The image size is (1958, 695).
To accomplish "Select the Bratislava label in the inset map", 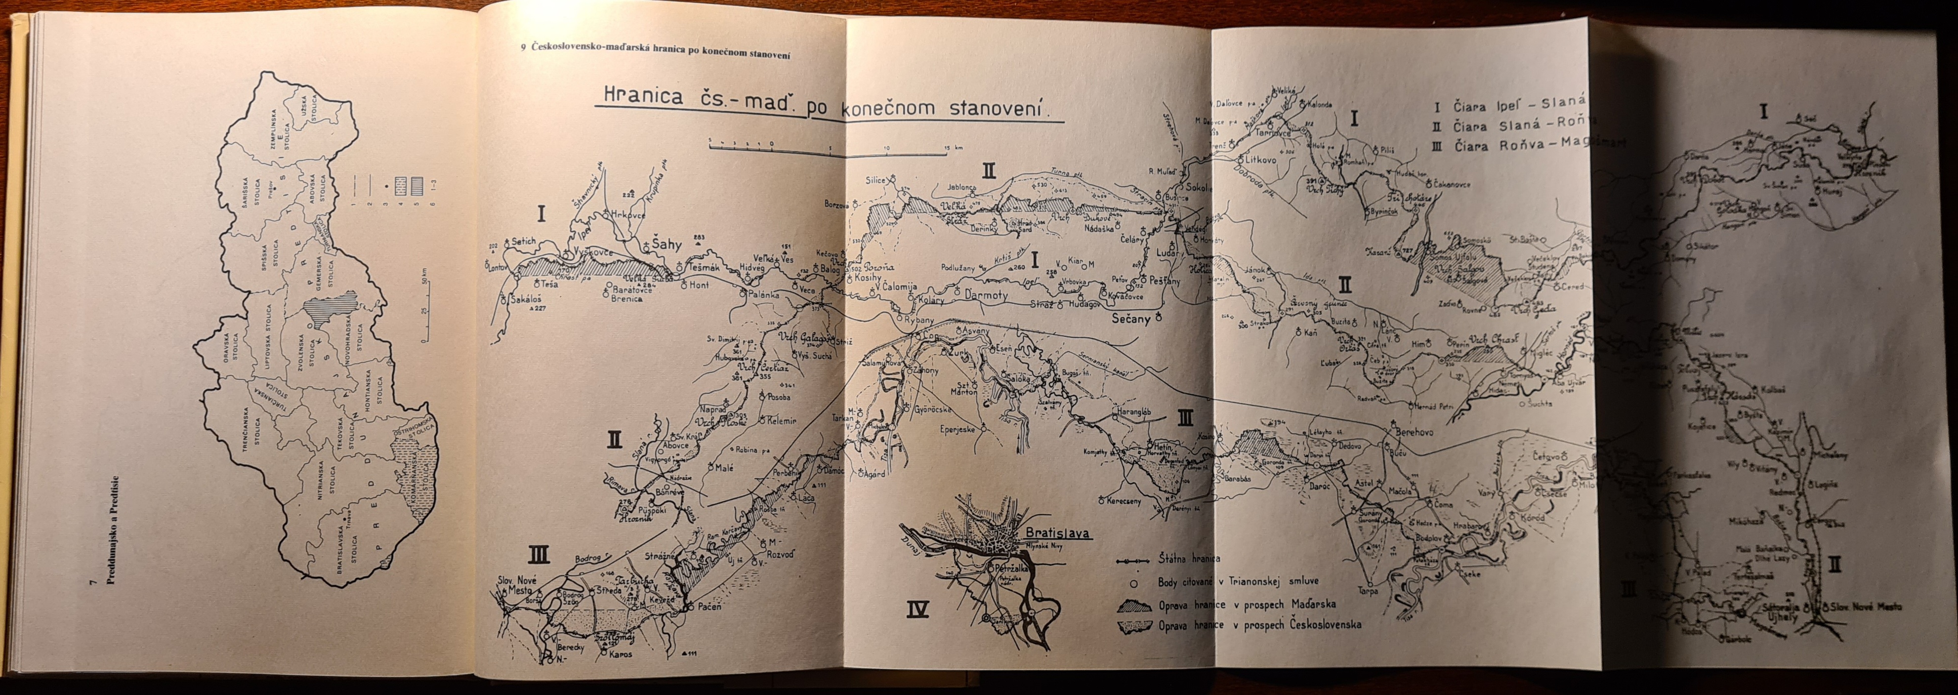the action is (1056, 533).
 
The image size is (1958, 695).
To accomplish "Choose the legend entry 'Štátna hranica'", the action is (1190, 560).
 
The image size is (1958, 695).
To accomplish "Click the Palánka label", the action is (765, 293).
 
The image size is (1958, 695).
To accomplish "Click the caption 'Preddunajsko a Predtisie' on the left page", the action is (113, 531).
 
